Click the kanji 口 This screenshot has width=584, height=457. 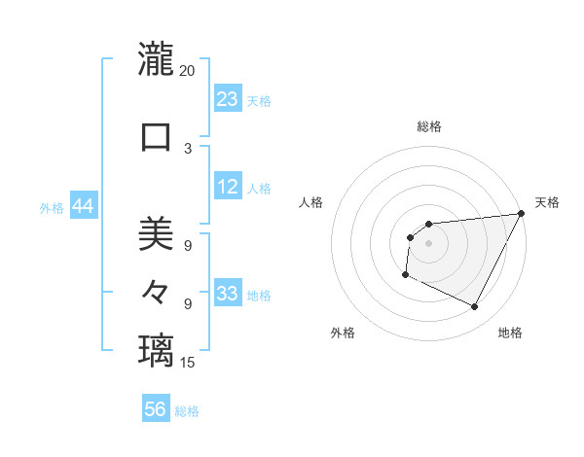pos(156,136)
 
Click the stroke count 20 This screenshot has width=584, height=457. pos(188,71)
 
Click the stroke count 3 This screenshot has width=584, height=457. pos(188,149)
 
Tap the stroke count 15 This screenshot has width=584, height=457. pos(188,363)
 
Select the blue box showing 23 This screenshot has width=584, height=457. pos(227,99)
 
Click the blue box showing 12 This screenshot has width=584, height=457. pos(227,187)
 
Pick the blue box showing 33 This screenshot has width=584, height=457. pos(227,294)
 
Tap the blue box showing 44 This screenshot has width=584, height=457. pos(83,206)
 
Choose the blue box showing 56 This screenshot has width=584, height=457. pos(156,409)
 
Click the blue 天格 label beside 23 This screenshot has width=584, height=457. pos(259,101)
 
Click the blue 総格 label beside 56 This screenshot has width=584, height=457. pos(187,411)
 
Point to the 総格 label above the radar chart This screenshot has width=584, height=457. pos(428,126)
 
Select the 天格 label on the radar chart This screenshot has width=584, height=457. pos(547,202)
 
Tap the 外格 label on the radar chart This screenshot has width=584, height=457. pos(343,333)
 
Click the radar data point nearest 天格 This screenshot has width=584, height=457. pos(523,214)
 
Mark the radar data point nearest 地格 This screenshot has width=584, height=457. pos(475,307)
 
